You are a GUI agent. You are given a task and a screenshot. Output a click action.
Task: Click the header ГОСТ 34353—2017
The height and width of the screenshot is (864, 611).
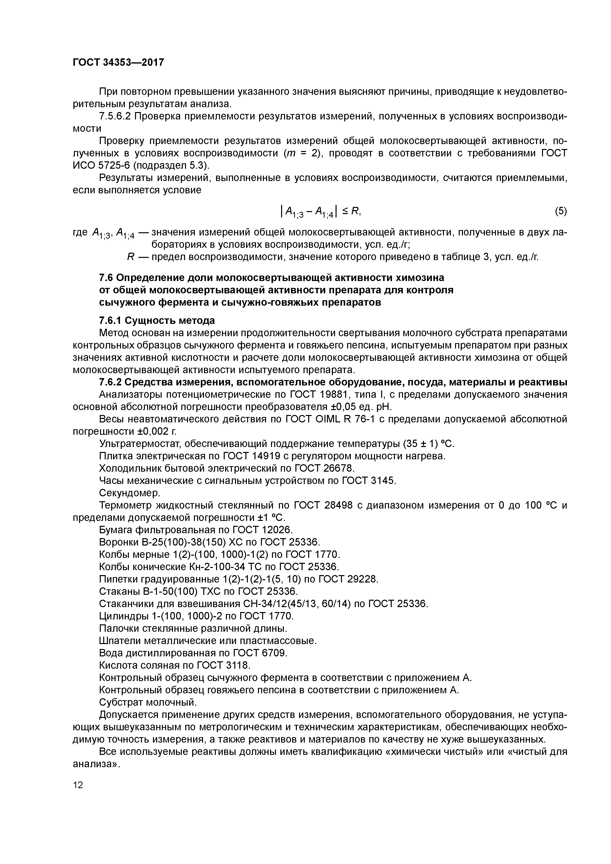[x=118, y=62]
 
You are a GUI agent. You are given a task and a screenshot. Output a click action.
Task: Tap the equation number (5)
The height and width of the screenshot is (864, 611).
[x=560, y=212]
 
